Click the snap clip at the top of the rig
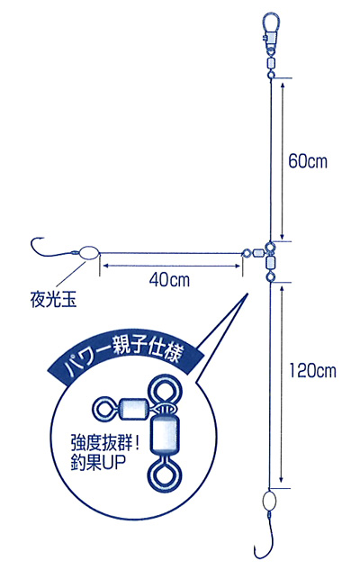272,31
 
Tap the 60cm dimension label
308,161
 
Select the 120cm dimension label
312,370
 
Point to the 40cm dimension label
169,279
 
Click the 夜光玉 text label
53,299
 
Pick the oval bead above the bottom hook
270,501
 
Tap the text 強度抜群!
105,443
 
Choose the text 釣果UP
98,463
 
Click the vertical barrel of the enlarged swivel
163,436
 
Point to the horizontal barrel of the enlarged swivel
134,407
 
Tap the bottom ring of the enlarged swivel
164,476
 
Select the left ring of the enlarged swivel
105,408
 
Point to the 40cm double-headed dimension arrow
171,265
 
